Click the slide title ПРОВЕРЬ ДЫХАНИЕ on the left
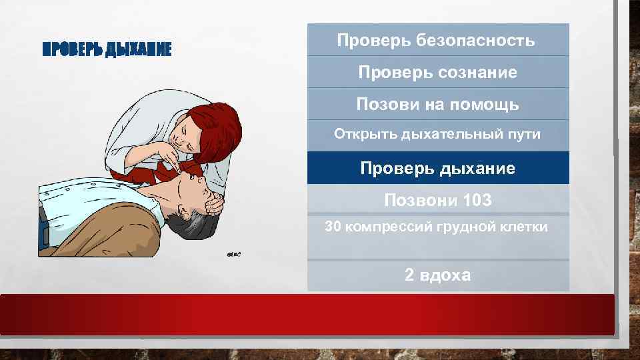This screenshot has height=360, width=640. point(107,49)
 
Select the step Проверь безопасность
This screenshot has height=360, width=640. point(437,41)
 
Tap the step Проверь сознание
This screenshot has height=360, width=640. point(437,72)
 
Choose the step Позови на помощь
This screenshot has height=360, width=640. point(437,104)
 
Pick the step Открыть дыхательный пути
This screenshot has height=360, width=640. point(437,135)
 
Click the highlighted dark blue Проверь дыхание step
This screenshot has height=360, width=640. point(437,168)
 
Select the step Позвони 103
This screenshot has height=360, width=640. point(437,199)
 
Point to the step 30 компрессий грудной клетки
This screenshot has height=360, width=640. point(437,227)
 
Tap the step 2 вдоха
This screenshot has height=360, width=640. point(437,275)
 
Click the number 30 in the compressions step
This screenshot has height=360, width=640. point(332,227)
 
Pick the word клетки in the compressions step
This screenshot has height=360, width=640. point(527,227)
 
